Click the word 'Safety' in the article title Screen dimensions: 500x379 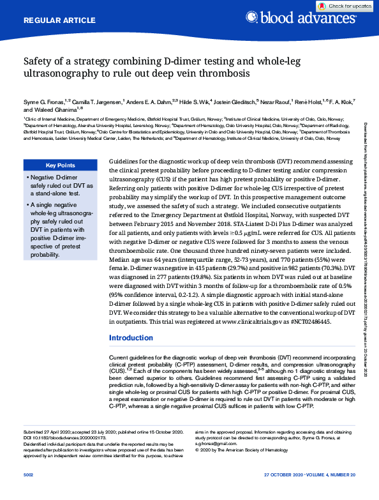(38, 62)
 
